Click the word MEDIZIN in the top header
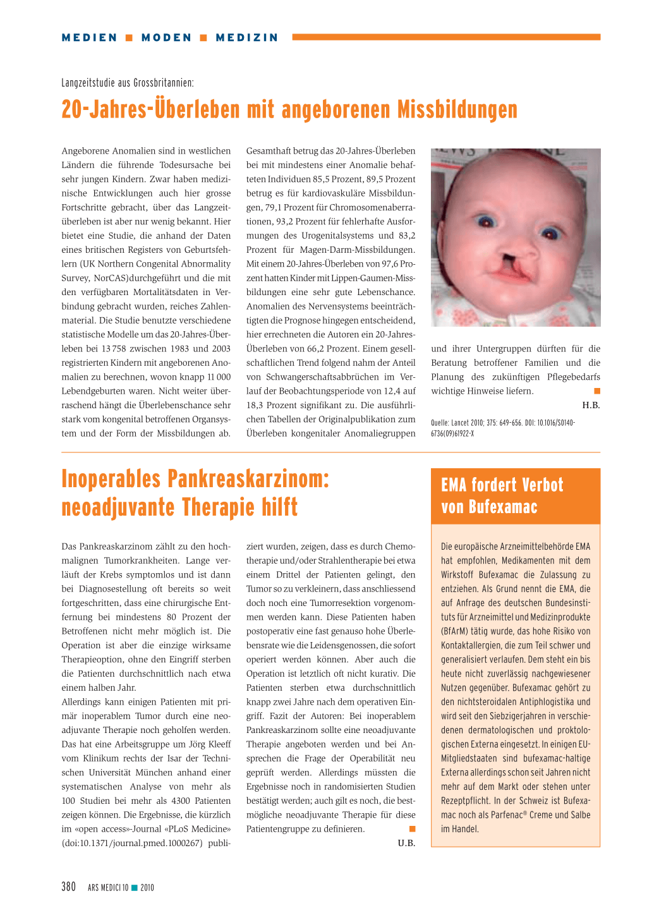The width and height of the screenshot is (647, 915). click(x=246, y=38)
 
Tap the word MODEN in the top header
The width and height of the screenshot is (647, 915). click(x=166, y=38)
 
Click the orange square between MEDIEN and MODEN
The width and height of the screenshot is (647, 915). click(x=129, y=38)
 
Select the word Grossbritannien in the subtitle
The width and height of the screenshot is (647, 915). click(x=163, y=83)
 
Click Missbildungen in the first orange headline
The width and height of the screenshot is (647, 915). click(x=457, y=110)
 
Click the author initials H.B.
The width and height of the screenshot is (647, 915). click(x=591, y=405)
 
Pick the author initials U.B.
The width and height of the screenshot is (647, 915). click(x=406, y=843)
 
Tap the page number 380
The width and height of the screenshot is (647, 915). click(x=69, y=887)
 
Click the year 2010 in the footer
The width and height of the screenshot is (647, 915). click(x=147, y=888)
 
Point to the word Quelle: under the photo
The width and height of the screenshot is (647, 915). click(x=440, y=423)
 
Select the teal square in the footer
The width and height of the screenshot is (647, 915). click(x=135, y=888)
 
